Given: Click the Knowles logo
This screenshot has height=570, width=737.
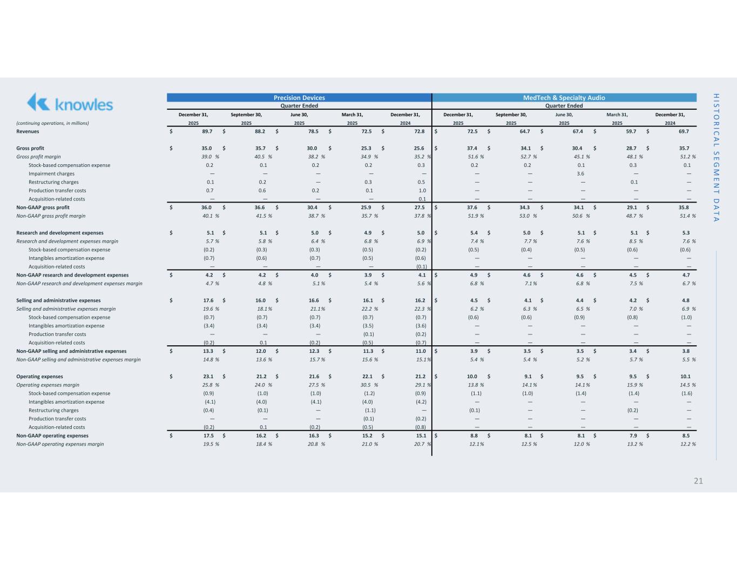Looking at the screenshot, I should [70, 103].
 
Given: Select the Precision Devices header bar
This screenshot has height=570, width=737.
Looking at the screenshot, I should [299, 98].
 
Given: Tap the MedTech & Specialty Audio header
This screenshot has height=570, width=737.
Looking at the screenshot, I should [564, 98].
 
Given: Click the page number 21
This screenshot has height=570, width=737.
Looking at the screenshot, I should [698, 481].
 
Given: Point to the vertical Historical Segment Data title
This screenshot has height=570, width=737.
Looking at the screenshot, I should [716, 157].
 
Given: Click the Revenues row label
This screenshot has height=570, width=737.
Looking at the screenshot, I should [28, 131].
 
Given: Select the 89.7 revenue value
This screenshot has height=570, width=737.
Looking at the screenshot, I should [207, 131].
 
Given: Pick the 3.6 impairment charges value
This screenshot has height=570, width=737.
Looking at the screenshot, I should [580, 173].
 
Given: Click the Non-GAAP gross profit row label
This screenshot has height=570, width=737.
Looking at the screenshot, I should [43, 207].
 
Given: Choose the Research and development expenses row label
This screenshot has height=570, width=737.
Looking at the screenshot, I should [60, 233].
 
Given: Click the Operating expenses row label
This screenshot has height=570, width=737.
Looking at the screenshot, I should [39, 377].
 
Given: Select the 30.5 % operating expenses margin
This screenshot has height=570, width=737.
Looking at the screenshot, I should [370, 385].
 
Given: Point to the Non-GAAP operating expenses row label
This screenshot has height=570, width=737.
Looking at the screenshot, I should [52, 435].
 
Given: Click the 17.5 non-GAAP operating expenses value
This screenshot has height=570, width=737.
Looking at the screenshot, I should [208, 435].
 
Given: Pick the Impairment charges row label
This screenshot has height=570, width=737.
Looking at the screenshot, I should [51, 173].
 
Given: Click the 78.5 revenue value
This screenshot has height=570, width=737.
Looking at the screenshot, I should [314, 131].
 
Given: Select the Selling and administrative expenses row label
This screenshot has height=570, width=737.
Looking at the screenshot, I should [58, 300].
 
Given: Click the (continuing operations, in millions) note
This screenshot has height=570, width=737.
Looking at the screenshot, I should [52, 123].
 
